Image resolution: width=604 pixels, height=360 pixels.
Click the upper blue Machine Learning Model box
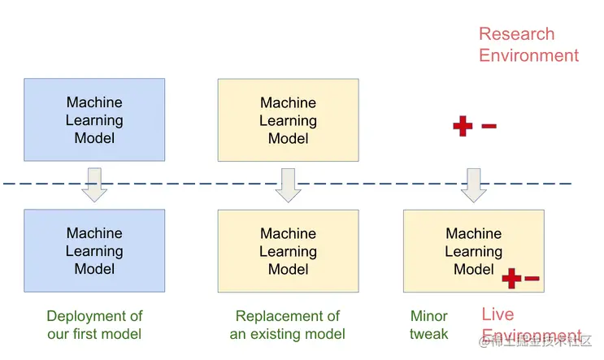(x=94, y=119)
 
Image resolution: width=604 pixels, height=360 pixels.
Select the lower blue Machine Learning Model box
(x=94, y=250)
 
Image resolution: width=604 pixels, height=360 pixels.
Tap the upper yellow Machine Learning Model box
(x=288, y=120)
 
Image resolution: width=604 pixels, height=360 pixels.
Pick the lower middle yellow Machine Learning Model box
(x=288, y=251)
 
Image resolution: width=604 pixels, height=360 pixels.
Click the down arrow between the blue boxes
(x=95, y=184)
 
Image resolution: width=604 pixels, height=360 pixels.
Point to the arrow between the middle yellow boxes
(x=288, y=185)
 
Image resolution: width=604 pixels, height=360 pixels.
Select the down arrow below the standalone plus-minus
(x=473, y=185)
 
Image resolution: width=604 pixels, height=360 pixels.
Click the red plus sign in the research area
(x=463, y=126)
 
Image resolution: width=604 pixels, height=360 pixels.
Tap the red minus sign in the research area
(x=489, y=126)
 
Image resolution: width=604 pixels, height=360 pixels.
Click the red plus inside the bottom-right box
(x=511, y=279)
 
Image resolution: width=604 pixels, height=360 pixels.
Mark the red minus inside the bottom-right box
(x=532, y=279)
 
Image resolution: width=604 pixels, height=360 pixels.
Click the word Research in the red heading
(x=516, y=34)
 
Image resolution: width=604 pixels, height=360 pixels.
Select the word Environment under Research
(x=528, y=55)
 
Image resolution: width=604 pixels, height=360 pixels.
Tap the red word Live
(x=498, y=314)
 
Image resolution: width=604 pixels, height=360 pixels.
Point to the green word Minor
(x=429, y=316)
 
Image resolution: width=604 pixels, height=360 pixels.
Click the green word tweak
(x=428, y=334)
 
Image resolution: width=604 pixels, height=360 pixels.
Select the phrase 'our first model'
(x=94, y=334)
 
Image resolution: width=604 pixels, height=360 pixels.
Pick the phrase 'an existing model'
(x=288, y=334)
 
